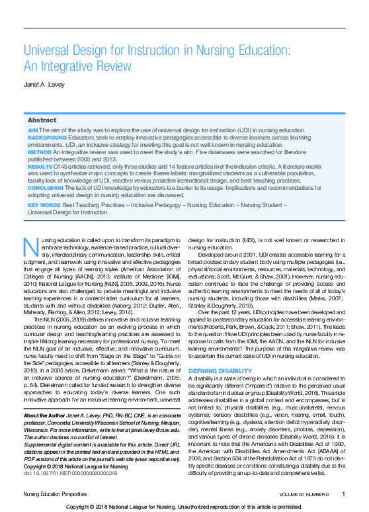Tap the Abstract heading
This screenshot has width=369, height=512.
coord(42,120)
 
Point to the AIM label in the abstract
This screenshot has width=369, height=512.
coord(32,131)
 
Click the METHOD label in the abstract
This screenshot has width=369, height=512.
coord(38,153)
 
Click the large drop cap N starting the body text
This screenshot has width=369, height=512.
coord(29,246)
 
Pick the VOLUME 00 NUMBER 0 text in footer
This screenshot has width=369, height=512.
coord(304,493)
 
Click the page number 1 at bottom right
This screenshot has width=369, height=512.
coord(343,493)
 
